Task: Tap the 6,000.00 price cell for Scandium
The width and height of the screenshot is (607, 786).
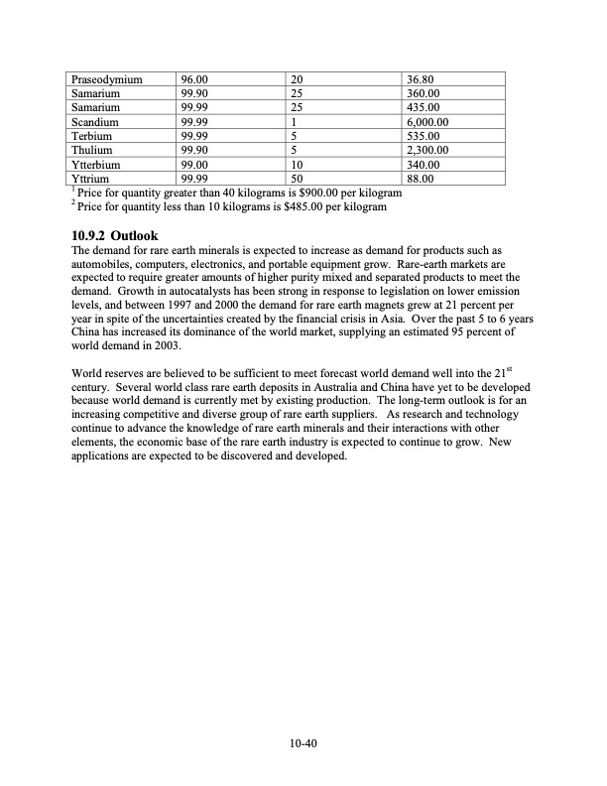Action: click(x=429, y=121)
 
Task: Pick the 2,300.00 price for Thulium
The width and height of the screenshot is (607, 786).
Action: click(x=429, y=151)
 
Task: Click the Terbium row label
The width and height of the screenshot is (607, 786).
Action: click(x=94, y=136)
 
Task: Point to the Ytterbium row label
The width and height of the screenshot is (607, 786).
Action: click(x=98, y=165)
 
